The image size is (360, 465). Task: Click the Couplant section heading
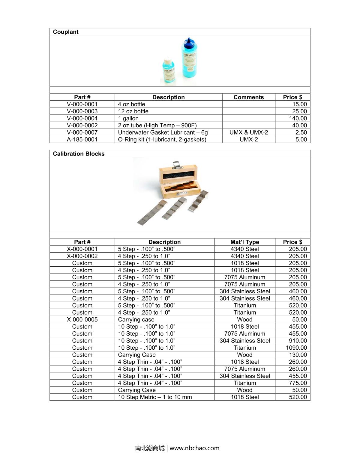pyautogui.click(x=66, y=32)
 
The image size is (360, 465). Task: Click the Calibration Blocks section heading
pyautogui.click(x=79, y=154)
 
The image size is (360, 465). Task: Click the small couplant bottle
pyautogui.click(x=169, y=71)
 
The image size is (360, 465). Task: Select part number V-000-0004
pyautogui.click(x=82, y=118)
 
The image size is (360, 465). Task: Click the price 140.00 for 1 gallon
pyautogui.click(x=298, y=118)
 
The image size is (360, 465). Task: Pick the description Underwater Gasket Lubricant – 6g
pyautogui.click(x=163, y=132)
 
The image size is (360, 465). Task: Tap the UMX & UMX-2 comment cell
pyautogui.click(x=248, y=132)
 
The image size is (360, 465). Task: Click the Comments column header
pyautogui.click(x=248, y=97)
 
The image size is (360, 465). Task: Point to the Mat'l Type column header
pyautogui.click(x=244, y=242)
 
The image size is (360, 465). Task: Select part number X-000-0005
pyautogui.click(x=82, y=320)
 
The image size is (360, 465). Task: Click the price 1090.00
pyautogui.click(x=296, y=348)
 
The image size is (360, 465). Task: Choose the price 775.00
pyautogui.click(x=298, y=383)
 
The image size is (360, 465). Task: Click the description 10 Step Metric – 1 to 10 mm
pyautogui.click(x=155, y=397)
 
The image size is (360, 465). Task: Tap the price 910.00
pyautogui.click(x=298, y=341)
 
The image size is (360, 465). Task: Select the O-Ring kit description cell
pyautogui.click(x=162, y=139)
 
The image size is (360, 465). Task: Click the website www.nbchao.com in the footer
pyautogui.click(x=194, y=448)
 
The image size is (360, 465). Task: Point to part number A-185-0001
pyautogui.click(x=82, y=139)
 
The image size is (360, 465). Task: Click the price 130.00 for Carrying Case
pyautogui.click(x=298, y=355)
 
